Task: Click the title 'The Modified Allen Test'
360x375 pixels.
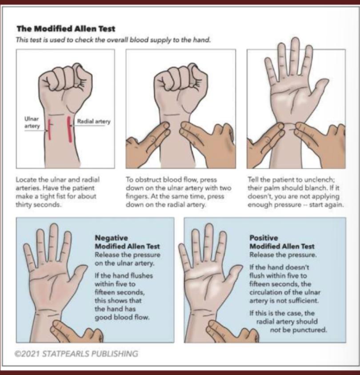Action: click(66, 29)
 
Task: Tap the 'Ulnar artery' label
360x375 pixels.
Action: click(32, 122)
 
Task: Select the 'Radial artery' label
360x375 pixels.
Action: click(94, 121)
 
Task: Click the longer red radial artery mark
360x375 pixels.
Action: click(69, 129)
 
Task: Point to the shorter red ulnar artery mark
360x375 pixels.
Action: click(49, 129)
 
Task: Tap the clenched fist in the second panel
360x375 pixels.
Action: click(180, 82)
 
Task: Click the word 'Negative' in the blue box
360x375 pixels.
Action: click(111, 238)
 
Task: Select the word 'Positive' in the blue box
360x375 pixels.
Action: click(264, 238)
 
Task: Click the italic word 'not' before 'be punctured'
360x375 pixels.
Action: click(275, 330)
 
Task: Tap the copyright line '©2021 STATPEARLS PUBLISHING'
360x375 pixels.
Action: click(76, 354)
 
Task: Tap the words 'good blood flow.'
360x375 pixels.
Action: click(122, 318)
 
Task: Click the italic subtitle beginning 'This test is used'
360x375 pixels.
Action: click(113, 40)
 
